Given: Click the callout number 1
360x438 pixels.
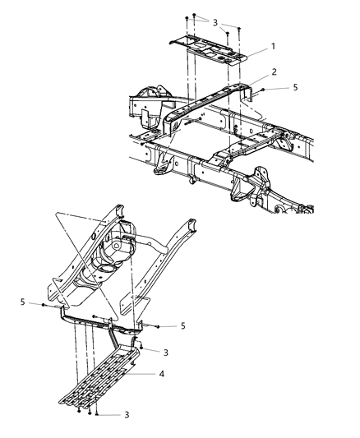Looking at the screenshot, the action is (x=273, y=46).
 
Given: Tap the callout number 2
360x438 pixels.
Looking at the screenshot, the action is (x=274, y=71).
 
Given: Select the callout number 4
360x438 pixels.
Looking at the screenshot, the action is (x=161, y=373).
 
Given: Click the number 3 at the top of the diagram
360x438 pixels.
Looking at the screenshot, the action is (x=215, y=23).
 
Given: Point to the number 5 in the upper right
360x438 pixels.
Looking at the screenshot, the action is (x=296, y=87).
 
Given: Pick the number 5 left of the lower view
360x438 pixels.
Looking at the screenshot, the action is (x=23, y=302).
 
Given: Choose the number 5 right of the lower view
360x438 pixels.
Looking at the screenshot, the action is (x=183, y=325).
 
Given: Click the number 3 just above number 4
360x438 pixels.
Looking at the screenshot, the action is (x=166, y=353).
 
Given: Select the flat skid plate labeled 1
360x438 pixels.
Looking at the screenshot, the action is (x=208, y=50).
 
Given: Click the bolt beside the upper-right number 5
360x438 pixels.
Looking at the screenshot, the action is (x=263, y=90).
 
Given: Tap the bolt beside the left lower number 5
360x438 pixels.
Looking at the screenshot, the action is (x=43, y=305).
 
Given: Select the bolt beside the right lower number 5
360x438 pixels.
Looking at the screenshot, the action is (x=158, y=326).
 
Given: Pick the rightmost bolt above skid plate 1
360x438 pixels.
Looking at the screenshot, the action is (x=238, y=28).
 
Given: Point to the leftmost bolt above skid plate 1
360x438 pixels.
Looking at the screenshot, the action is (x=187, y=18).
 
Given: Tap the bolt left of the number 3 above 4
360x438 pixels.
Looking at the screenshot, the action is (x=141, y=348).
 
